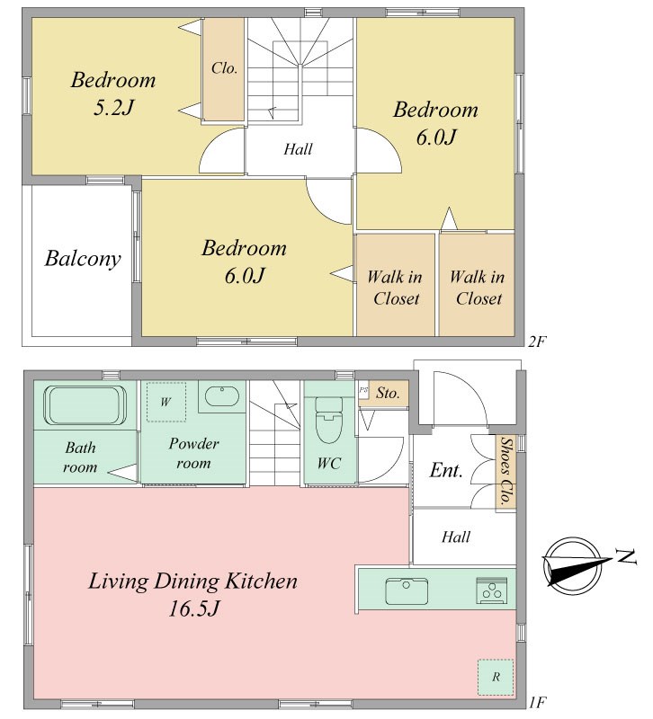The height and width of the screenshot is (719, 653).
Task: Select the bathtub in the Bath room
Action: click(x=85, y=405)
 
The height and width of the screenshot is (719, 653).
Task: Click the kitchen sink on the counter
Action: click(x=407, y=591)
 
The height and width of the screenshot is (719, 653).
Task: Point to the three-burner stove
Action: click(x=492, y=590)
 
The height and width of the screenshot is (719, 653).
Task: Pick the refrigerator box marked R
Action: click(x=496, y=677)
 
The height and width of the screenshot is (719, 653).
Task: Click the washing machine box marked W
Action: click(x=166, y=402)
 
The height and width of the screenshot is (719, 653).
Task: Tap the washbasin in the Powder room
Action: click(x=221, y=396)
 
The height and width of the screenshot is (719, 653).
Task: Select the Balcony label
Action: click(x=83, y=259)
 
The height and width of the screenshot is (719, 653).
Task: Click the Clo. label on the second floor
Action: click(x=224, y=68)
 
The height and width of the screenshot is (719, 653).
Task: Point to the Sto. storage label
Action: click(x=388, y=393)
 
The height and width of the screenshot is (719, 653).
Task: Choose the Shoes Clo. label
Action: click(x=505, y=471)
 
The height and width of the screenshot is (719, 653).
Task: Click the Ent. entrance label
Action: click(x=446, y=470)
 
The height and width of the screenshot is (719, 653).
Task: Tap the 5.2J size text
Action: click(x=114, y=108)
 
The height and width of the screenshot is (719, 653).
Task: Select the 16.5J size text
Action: click(x=194, y=609)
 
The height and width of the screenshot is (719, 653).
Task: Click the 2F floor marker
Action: click(x=537, y=342)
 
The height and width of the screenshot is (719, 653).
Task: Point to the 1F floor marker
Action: click(x=537, y=702)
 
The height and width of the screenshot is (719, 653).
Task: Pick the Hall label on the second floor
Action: click(x=298, y=149)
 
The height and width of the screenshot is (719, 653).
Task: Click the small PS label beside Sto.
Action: click(x=363, y=390)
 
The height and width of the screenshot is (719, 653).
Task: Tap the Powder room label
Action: click(x=193, y=453)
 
